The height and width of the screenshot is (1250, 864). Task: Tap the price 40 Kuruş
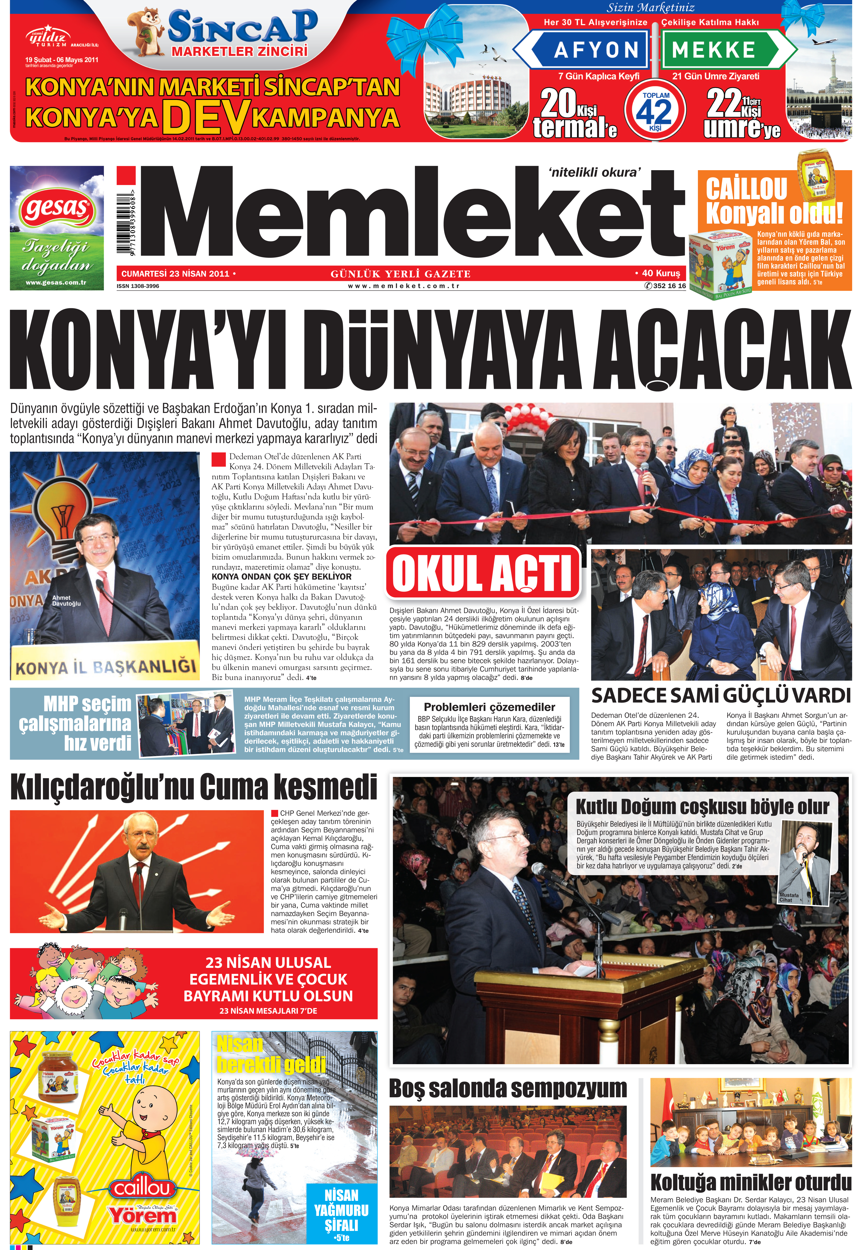(659, 273)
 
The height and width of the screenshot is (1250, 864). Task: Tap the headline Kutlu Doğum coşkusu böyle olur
(702, 807)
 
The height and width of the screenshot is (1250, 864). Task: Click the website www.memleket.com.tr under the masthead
(403, 286)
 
